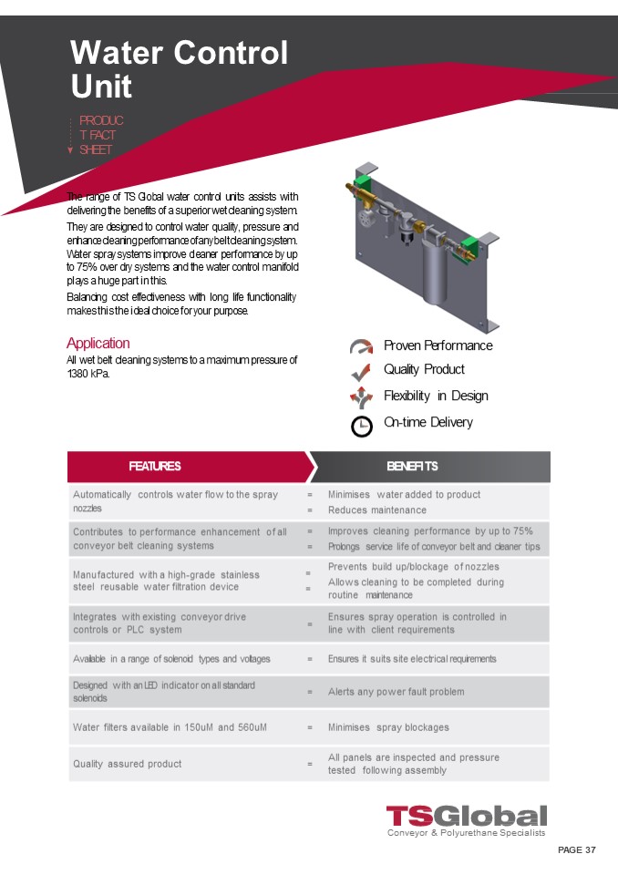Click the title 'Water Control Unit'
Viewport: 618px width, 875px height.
179,69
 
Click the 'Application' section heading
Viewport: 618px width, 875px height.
98,343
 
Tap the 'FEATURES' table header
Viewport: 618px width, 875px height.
155,466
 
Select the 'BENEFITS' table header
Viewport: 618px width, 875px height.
412,466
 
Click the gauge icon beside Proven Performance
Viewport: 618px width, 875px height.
361,346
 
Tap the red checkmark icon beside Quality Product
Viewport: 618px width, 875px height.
361,371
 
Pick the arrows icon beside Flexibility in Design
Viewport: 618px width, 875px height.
361,396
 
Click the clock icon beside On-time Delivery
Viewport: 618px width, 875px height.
361,426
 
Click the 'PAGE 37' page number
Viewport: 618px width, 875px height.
576,849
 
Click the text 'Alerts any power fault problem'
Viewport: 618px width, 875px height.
396,692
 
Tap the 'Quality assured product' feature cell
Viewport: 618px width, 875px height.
127,764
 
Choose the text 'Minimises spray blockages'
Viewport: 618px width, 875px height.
388,727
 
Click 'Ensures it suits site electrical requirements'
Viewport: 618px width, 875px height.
412,658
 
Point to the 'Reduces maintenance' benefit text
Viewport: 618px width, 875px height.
376,510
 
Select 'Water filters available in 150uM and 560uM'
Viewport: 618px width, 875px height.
170,727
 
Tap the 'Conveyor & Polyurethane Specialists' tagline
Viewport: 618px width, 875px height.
466,833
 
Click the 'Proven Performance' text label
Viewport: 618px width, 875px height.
438,345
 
